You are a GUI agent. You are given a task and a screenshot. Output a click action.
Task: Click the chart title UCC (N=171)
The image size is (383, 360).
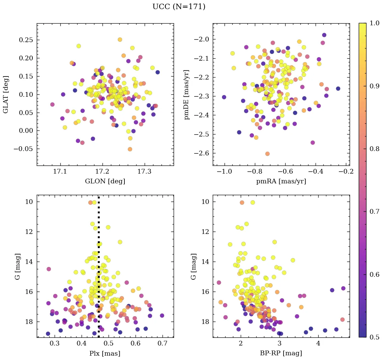tap(179, 7)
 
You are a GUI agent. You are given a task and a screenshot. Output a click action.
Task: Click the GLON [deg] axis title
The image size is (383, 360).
tap(105, 181)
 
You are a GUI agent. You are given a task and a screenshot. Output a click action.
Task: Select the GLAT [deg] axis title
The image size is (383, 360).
tap(6, 94)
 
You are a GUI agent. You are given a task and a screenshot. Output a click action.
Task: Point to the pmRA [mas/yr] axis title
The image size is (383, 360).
tap(281, 181)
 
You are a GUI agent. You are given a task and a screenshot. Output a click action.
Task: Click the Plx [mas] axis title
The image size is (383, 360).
tap(105, 353)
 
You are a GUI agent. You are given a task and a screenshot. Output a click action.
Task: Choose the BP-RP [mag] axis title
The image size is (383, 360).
tap(281, 353)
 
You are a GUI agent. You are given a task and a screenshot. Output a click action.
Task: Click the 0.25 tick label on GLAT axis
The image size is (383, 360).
tap(26, 40)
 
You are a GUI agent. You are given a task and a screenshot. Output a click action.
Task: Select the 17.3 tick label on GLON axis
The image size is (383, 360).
tap(145, 172)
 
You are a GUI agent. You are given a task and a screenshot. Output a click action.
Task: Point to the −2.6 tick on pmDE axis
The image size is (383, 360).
tap(201, 153)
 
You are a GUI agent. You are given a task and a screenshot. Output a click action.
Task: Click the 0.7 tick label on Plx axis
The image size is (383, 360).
tap(163, 344)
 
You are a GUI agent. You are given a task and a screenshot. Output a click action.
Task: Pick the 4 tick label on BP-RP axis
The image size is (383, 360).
tap(318, 344)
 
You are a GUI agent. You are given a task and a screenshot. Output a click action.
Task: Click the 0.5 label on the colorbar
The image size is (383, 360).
tap(374, 337)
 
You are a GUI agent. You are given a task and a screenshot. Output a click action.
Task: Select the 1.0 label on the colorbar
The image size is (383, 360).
tap(374, 23)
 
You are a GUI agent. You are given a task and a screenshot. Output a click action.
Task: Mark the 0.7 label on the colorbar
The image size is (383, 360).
tap(374, 211)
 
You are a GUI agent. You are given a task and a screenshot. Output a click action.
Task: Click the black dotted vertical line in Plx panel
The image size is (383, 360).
tap(98, 270)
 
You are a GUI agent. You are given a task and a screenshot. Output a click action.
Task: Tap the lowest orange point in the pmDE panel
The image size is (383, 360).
tap(267, 154)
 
